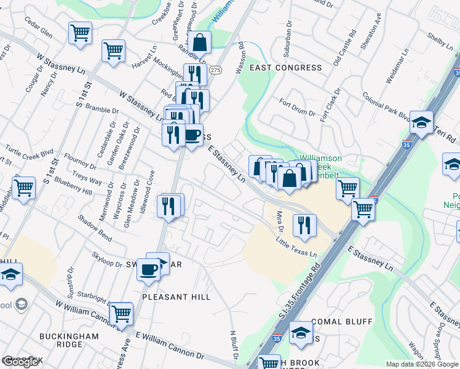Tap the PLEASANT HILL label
tap(176, 297)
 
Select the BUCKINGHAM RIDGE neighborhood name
tap(69, 341)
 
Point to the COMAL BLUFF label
tap(342, 322)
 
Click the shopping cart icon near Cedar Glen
tap(81, 33)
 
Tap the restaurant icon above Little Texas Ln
tap(304, 224)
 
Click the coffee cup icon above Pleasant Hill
tap(148, 270)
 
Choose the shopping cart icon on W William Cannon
tap(121, 314)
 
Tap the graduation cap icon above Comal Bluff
tap(301, 332)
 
